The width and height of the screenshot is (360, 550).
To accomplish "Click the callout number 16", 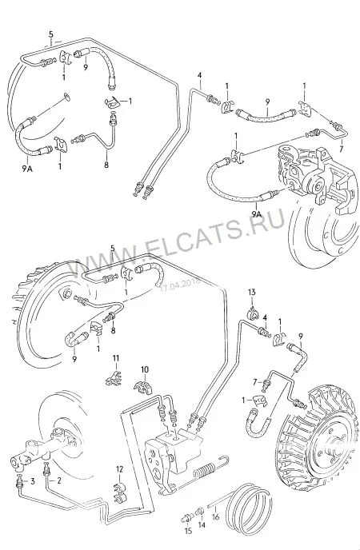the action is tap(215, 517).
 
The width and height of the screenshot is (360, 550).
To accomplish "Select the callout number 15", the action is tap(188, 531).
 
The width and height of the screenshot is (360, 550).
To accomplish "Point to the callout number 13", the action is tap(252, 293).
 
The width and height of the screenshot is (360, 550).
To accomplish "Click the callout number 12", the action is tap(120, 469).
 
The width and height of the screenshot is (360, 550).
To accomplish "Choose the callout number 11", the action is tap(116, 358).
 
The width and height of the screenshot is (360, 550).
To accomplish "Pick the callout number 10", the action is tap(145, 369).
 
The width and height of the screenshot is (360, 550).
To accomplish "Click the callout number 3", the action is tap(33, 481).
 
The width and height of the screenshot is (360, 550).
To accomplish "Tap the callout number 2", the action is tap(59, 480).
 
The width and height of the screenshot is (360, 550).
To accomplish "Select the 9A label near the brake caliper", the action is tap(257, 213).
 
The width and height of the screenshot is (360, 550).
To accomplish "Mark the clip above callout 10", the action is tap(143, 387).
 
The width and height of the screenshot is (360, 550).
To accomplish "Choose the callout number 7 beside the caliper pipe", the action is tap(340, 149).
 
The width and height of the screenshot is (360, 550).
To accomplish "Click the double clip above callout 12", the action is tap(120, 492).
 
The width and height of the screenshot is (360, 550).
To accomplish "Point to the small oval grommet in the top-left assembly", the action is tap(66, 97).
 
